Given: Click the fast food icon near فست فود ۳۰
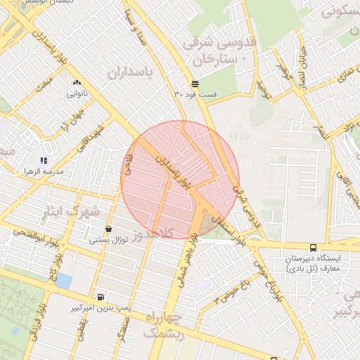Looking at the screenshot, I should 195,84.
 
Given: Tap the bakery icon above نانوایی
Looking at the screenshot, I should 76,83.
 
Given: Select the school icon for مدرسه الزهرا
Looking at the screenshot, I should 44,161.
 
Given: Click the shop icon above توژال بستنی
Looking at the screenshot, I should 108,229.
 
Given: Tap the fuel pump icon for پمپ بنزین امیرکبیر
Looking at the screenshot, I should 101,297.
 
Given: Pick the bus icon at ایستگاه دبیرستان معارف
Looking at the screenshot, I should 313,247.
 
